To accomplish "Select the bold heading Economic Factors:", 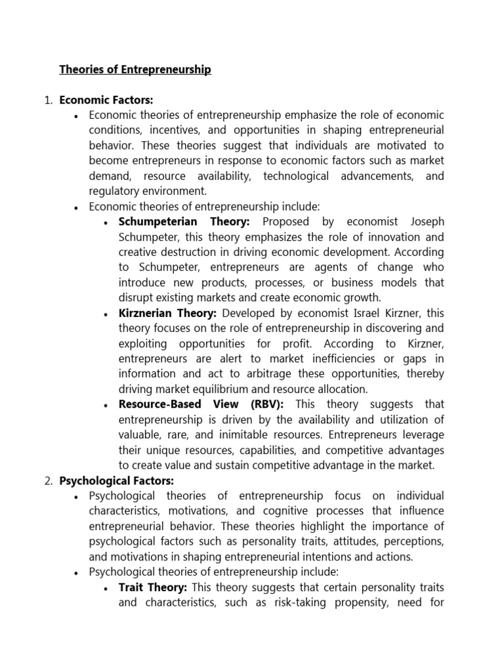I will [106, 100].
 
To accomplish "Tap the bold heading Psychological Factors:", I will [117, 480].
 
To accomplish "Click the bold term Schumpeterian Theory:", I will [184, 222].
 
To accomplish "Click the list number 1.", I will [48, 100].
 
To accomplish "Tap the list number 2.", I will [48, 480].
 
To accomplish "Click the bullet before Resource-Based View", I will [106, 406].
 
